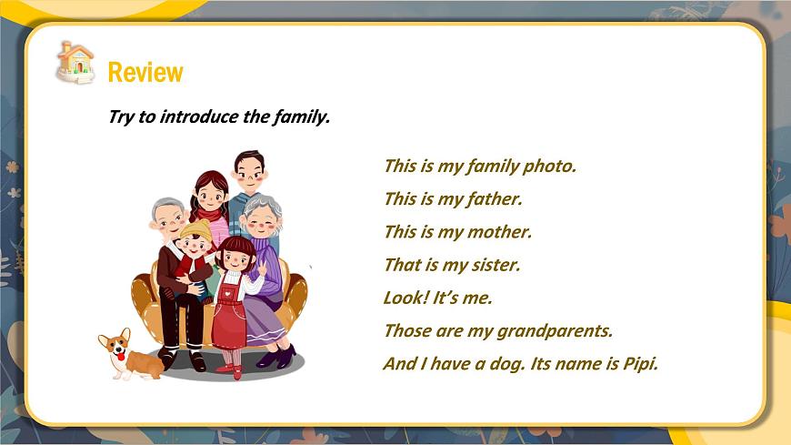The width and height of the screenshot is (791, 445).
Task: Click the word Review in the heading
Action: [145, 72]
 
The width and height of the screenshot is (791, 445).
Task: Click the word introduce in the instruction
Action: [204, 116]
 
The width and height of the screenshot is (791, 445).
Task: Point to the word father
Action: [494, 198]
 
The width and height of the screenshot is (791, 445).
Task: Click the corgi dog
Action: [126, 355]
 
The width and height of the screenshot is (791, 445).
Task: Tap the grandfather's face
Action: [168, 218]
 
